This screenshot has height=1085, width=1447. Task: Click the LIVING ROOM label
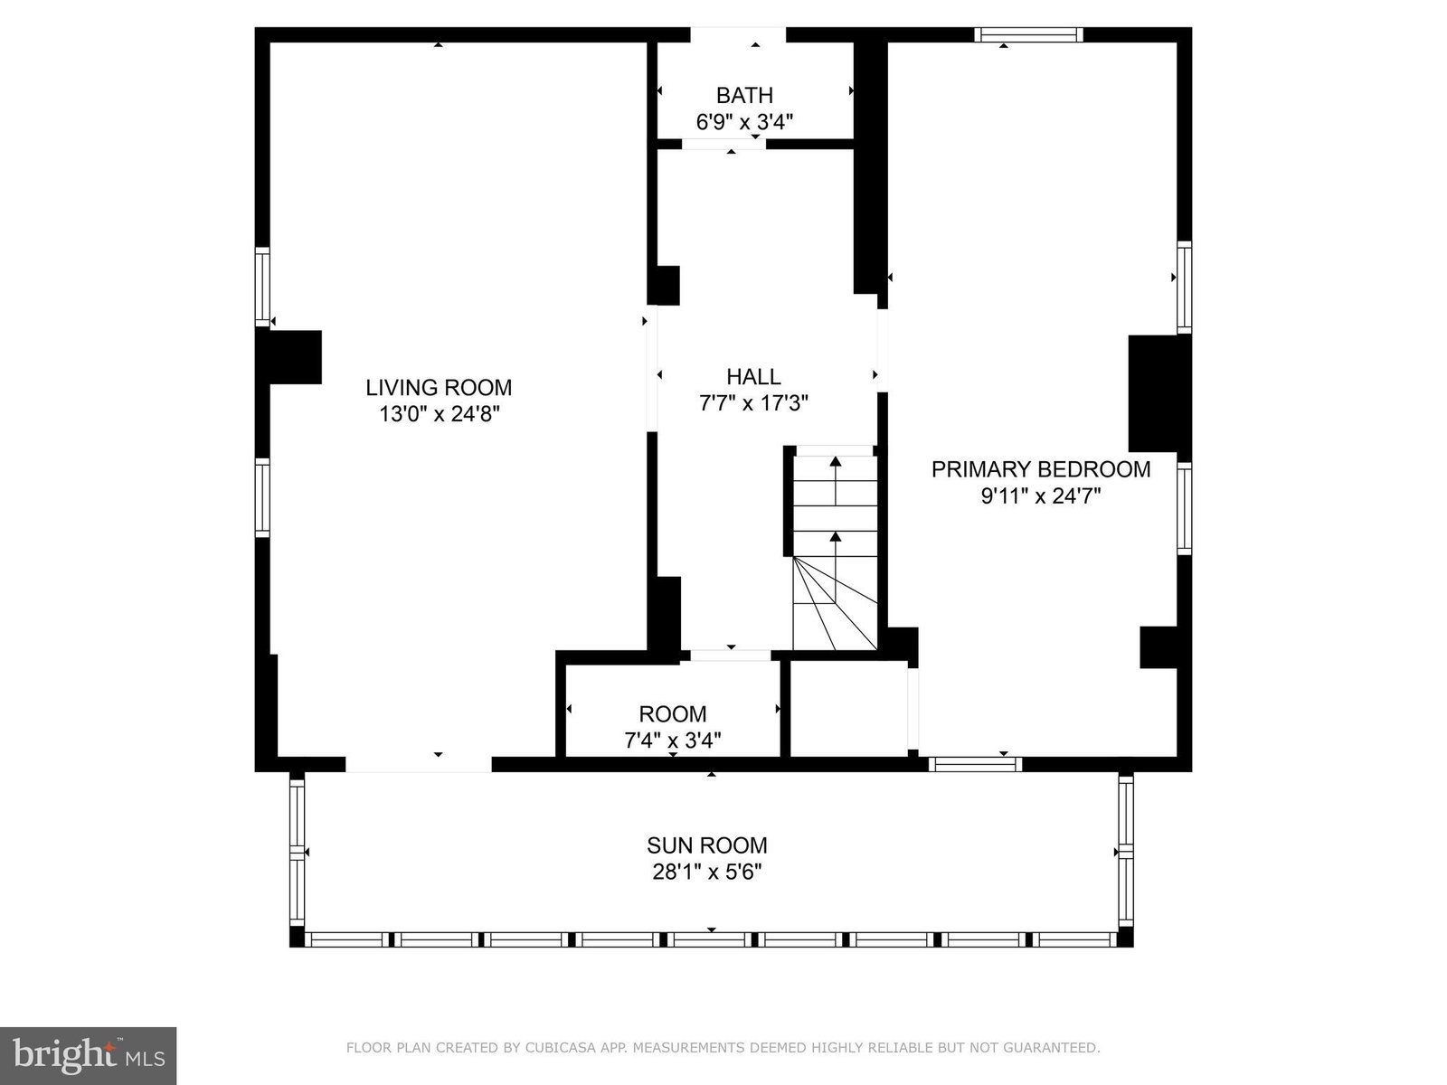(x=439, y=387)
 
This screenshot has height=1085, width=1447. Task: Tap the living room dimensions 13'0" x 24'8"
(x=439, y=414)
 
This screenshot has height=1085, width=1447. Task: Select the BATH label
(x=744, y=96)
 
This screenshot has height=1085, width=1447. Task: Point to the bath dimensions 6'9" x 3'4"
(x=744, y=122)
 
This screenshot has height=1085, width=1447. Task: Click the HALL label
(x=753, y=377)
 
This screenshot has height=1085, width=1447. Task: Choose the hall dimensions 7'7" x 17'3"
(x=753, y=403)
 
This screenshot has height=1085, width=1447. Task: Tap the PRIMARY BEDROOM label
(x=1041, y=469)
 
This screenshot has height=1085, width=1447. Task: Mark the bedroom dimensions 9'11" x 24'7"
(x=1041, y=496)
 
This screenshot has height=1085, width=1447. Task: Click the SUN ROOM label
(x=706, y=845)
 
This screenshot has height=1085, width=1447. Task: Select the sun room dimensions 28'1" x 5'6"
(x=706, y=873)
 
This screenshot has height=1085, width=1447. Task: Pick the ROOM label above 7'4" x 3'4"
(x=673, y=714)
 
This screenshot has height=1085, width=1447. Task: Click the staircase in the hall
(x=835, y=548)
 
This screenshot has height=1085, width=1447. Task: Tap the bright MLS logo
(x=89, y=1055)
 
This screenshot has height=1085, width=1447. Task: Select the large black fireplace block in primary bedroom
(x=1153, y=394)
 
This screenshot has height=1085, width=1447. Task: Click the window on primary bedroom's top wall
(x=1028, y=35)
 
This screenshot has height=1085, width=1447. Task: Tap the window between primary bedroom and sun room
(x=976, y=764)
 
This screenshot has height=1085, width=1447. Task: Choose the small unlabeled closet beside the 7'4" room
(x=848, y=708)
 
